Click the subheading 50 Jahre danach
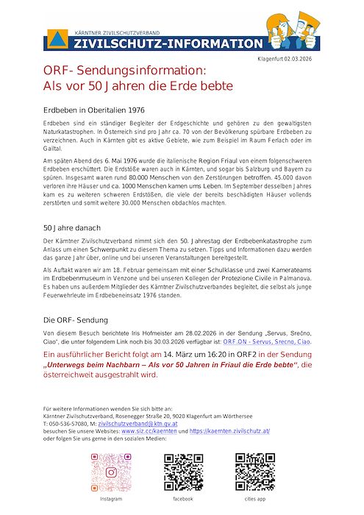tap(72, 228)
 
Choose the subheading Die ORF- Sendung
tap(76, 321)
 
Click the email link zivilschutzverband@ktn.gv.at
tap(138, 425)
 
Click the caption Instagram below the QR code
tap(111, 498)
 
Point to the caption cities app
tap(254, 498)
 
